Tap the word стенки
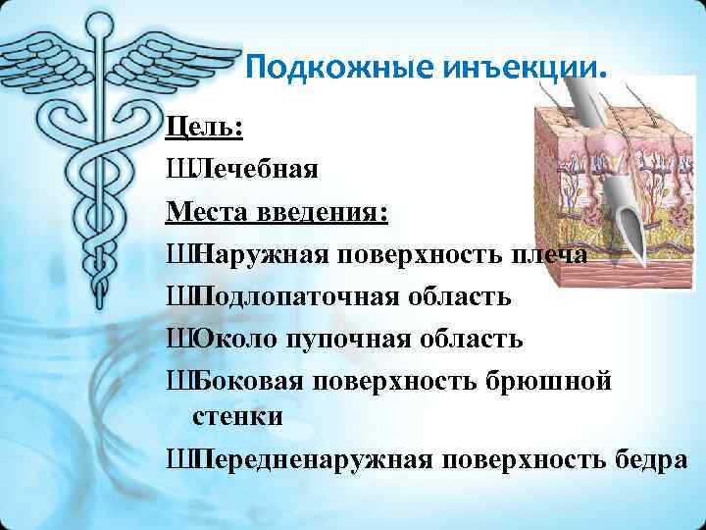pyautogui.click(x=236, y=416)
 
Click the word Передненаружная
pyautogui.click(x=309, y=458)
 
